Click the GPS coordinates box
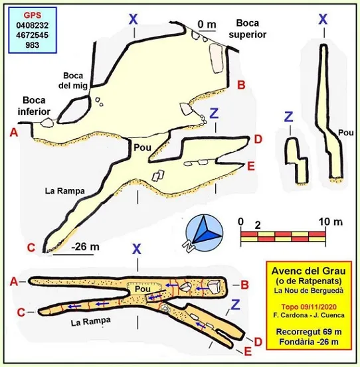(33, 30)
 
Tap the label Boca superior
(248, 29)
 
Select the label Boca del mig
(73, 80)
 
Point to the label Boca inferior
(34, 106)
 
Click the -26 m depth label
(85, 247)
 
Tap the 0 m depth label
(207, 24)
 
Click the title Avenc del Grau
(308, 271)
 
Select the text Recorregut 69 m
(309, 332)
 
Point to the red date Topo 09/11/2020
(309, 307)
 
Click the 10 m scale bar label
(331, 222)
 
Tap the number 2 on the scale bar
(258, 226)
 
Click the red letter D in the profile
(258, 139)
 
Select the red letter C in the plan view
(21, 312)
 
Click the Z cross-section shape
(296, 161)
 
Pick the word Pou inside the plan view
(142, 289)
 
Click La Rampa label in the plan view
(90, 321)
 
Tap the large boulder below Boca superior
(216, 58)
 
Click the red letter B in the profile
(241, 84)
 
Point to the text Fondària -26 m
(309, 342)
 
